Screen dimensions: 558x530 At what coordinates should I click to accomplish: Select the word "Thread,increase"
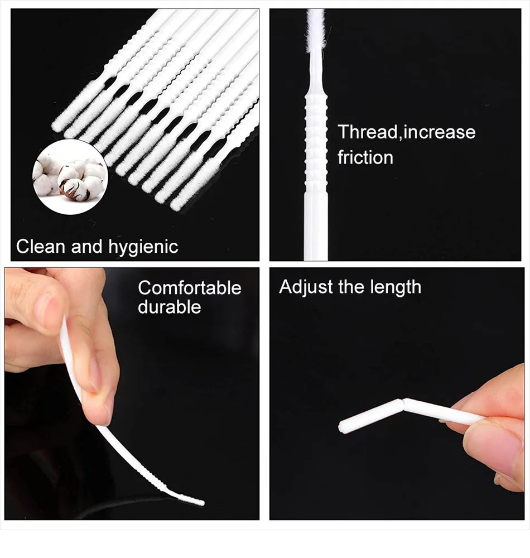(407, 132)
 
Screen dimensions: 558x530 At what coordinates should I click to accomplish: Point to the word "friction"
(365, 157)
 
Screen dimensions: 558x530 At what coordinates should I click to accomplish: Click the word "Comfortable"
(190, 288)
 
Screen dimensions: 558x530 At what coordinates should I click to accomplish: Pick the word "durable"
(169, 307)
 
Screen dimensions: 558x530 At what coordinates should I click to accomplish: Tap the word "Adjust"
(305, 287)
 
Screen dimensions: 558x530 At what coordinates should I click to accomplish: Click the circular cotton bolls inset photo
(70, 177)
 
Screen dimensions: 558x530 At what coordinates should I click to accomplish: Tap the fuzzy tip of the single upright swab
(315, 31)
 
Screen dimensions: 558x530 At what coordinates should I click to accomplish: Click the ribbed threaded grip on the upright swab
(316, 123)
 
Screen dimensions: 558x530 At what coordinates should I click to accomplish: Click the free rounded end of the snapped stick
(343, 429)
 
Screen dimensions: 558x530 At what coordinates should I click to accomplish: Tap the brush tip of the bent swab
(192, 500)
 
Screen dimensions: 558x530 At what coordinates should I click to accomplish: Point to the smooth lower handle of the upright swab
(316, 223)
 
